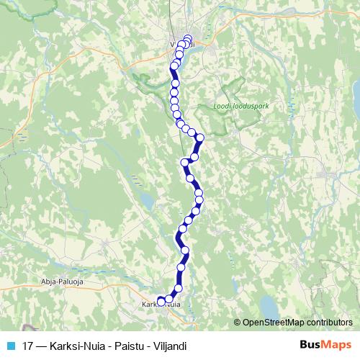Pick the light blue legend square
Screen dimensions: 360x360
click(10, 346)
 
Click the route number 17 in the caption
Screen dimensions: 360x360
click(27, 346)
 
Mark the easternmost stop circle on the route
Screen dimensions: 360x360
click(200, 138)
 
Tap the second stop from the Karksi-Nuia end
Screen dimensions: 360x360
click(170, 298)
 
